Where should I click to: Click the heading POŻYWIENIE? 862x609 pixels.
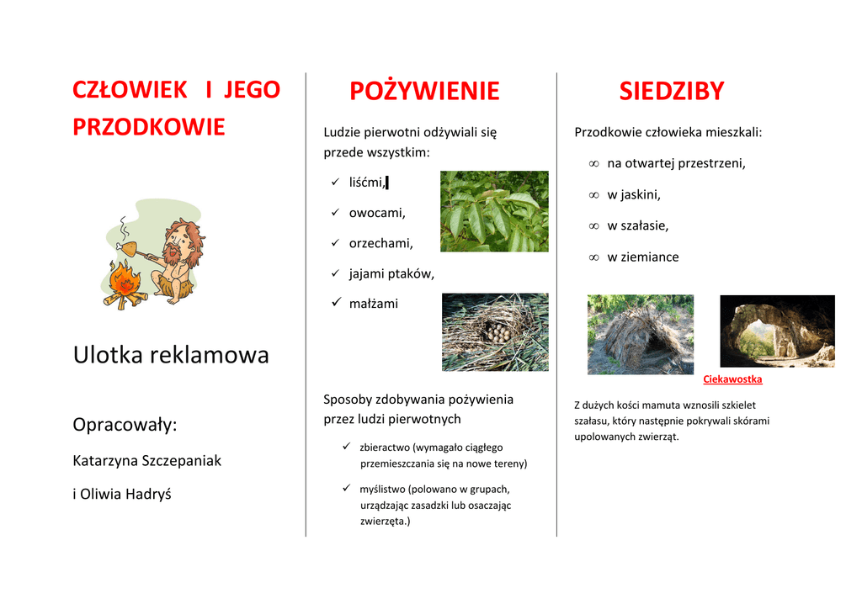[x=424, y=91]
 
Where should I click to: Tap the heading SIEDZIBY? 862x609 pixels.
[x=672, y=91]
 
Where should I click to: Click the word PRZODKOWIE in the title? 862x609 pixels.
[x=149, y=127]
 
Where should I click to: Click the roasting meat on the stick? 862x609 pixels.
[x=128, y=248]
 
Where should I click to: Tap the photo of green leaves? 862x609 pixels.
[x=494, y=211]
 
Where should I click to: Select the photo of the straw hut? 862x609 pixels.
[x=641, y=335]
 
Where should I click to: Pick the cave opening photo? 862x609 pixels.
[x=777, y=331]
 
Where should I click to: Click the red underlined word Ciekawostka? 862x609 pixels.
[x=732, y=379]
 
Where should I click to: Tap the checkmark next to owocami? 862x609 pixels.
[x=335, y=212]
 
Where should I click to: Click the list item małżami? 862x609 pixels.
[x=373, y=304]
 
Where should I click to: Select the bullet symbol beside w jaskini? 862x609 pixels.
[x=593, y=195]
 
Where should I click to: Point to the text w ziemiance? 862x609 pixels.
[x=643, y=257]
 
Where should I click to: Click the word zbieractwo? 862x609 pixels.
[x=385, y=447]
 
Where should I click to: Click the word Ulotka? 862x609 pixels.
[x=108, y=355]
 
